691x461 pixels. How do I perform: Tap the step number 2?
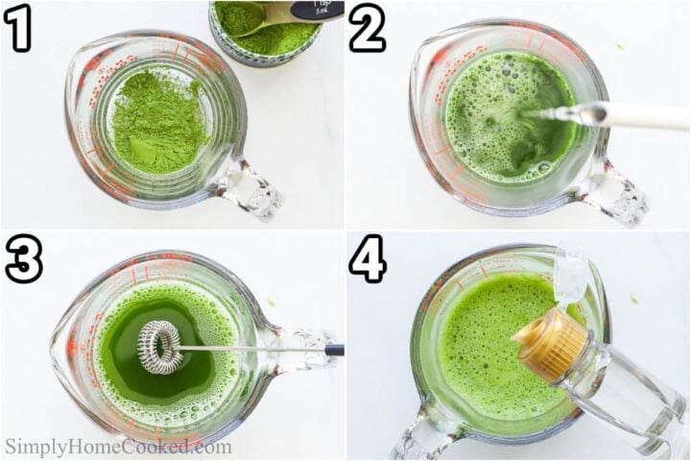[367, 31]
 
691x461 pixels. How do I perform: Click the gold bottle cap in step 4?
[549, 344]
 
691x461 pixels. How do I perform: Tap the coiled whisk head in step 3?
[159, 347]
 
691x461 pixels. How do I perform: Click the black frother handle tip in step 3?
[334, 350]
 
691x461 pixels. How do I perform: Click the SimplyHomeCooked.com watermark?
[118, 447]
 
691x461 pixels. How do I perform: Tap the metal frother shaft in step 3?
[250, 349]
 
